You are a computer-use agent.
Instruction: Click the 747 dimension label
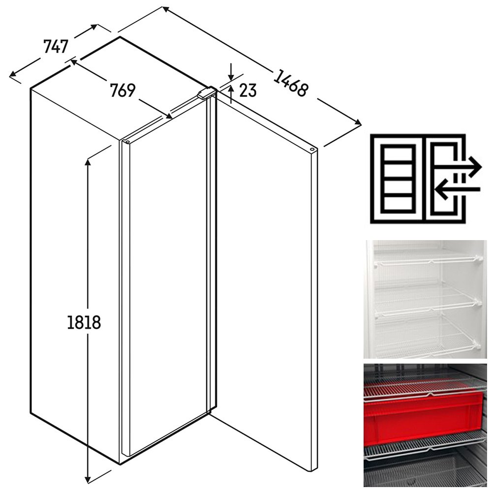[56, 46]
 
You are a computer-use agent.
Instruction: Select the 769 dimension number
[123, 91]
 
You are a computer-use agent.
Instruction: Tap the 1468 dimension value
[291, 83]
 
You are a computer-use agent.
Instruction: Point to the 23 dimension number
[248, 91]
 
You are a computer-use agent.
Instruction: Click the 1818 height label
[84, 322]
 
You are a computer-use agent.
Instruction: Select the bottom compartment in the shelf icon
[398, 204]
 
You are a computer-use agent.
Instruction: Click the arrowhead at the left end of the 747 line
[13, 74]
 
